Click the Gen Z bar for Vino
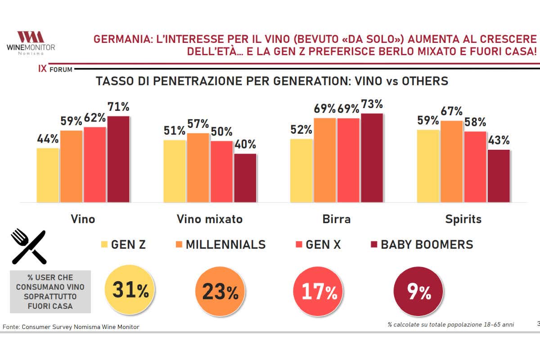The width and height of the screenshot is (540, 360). pos(48,175)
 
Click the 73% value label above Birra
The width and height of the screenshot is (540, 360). pos(372,104)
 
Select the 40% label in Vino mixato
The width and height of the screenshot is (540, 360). pos(245,144)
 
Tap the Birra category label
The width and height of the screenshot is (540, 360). pos(337,219)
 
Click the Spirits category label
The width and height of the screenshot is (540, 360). pos(463,219)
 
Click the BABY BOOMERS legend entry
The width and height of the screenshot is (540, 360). pos(421,245)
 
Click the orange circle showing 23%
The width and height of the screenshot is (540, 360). pos(220,292)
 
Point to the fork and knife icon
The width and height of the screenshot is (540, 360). pos(28,246)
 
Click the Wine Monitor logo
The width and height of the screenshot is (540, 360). pos(31,43)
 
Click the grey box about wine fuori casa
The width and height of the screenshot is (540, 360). pos(50,291)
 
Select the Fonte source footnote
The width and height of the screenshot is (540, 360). pos(71,327)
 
